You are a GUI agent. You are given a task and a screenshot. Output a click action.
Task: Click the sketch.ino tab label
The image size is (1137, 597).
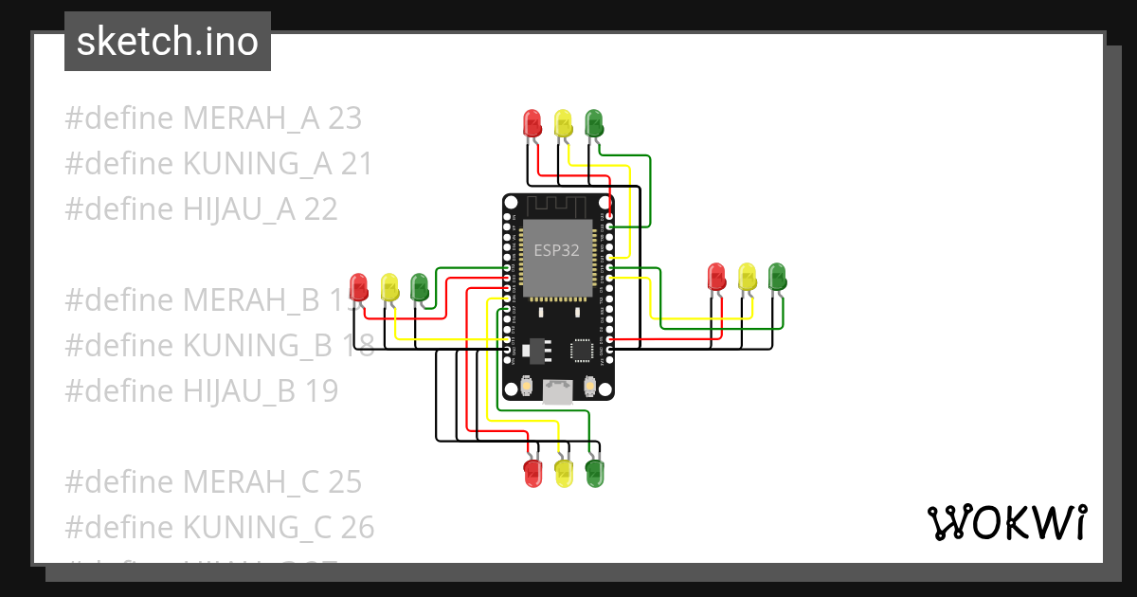[167, 42]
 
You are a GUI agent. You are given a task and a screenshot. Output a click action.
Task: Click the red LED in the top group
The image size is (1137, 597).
[532, 122]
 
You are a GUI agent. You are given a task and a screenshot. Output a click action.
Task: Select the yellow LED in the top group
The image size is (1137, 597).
[563, 122]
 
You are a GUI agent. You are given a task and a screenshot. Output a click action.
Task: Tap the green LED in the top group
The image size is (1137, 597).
[593, 122]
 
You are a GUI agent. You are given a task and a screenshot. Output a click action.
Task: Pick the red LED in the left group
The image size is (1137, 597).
[359, 285]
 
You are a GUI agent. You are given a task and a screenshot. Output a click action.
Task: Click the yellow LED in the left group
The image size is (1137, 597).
[389, 285]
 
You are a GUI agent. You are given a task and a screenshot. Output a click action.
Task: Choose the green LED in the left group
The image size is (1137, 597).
[420, 285]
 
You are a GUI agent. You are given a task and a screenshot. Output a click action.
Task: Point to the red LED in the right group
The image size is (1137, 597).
[717, 276]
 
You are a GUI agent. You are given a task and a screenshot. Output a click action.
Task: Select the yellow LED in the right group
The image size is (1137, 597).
[748, 276]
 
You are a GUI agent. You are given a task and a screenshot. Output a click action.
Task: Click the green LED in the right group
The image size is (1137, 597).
[777, 276]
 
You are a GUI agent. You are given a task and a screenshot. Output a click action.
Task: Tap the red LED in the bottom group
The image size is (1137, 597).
[533, 473]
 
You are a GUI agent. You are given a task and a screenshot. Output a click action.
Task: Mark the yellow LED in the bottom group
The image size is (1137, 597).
[564, 473]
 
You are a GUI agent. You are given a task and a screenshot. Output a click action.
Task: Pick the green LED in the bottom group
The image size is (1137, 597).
[594, 473]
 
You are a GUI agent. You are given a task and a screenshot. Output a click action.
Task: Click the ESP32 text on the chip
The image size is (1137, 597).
[557, 251]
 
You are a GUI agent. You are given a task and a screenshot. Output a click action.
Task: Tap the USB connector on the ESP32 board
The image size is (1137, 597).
[558, 392]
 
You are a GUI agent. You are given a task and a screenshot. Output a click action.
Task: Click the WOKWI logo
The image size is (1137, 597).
[1006, 522]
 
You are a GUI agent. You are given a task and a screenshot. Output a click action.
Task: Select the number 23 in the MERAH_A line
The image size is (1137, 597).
[345, 118]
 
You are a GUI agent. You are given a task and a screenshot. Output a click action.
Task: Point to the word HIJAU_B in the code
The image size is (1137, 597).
[240, 390]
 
